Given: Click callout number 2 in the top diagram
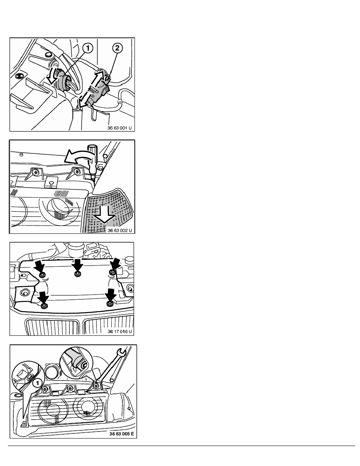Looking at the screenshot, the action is pos(117,48).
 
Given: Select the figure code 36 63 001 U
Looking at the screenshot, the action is pos(119,128).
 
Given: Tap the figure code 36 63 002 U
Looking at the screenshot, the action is pos(119,230).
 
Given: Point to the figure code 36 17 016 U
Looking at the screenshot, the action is pos(120,331).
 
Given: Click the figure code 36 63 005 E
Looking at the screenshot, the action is pos(122,433).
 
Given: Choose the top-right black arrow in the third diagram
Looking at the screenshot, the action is pos(115,264).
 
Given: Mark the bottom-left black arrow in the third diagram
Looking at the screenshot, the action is pos(44,297).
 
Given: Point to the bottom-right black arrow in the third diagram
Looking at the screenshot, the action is pos(111,295).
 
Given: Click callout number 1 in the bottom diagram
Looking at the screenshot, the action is pos(37,383).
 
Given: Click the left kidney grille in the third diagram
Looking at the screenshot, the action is pos(53,327).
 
